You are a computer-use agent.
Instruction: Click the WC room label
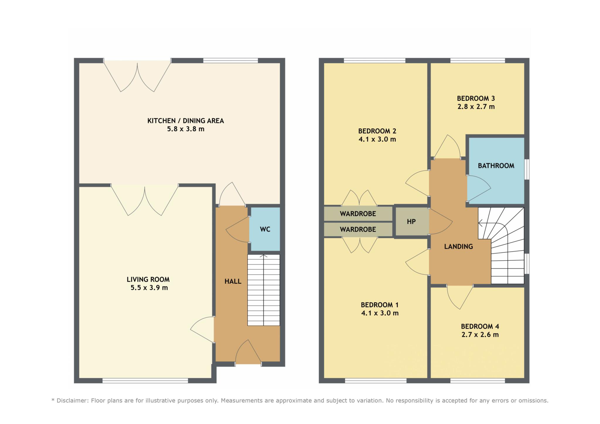point(265,229)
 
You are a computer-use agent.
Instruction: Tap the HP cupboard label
point(411,222)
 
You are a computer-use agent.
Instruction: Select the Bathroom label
point(496,166)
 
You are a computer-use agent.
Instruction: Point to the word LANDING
point(458,247)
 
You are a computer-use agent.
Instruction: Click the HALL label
point(233,281)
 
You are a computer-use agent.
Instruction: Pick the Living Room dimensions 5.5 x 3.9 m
point(149,288)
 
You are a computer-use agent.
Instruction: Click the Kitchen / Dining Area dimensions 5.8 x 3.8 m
point(186,129)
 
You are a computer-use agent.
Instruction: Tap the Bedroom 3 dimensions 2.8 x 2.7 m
point(476,107)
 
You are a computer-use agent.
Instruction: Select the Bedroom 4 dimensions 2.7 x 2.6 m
point(480,335)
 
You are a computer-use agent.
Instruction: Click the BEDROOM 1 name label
point(380,305)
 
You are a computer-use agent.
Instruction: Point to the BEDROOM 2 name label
point(377,131)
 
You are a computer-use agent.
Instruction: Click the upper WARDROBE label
point(358,214)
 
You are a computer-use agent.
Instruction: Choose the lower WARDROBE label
point(358,230)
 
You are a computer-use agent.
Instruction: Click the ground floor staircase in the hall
point(264,290)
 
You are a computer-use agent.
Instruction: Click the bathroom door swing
point(479,189)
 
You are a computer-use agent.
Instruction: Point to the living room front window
point(145,381)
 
